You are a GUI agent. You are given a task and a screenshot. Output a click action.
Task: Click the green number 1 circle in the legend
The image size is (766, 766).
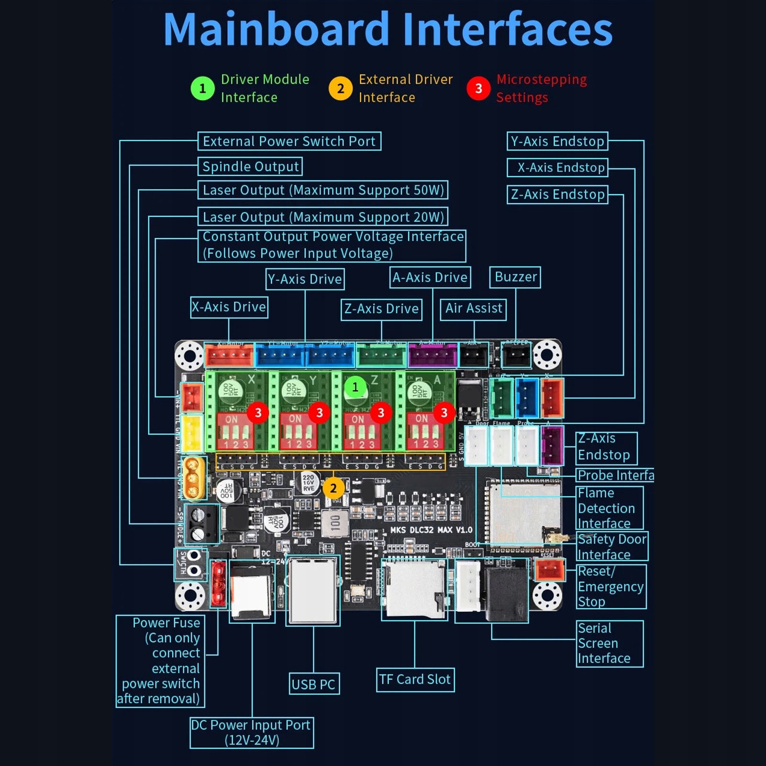(202, 89)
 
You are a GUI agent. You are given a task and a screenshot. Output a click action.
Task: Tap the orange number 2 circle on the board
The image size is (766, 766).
(333, 488)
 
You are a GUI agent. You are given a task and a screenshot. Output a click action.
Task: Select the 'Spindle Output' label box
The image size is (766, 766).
(250, 167)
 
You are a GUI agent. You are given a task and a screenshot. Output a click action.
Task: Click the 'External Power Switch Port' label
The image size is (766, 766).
(289, 141)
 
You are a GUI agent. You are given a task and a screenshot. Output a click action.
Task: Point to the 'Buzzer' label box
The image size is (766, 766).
(515, 277)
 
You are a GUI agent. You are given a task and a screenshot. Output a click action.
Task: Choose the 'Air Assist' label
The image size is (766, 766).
(474, 308)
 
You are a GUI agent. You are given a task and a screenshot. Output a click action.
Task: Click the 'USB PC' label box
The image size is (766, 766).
(313, 684)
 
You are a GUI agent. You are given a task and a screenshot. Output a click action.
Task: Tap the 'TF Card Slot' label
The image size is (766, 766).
(415, 679)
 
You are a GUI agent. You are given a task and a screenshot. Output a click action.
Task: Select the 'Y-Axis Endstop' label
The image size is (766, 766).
(557, 141)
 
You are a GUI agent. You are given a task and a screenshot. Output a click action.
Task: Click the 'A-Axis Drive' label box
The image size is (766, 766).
(430, 278)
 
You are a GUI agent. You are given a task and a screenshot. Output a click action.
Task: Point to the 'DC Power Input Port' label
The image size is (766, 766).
(252, 733)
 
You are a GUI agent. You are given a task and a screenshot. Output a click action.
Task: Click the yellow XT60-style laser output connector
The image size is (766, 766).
(193, 477)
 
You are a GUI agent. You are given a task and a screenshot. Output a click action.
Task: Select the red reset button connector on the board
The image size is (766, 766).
(550, 570)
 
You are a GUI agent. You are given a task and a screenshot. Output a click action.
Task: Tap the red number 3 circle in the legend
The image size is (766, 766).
(478, 89)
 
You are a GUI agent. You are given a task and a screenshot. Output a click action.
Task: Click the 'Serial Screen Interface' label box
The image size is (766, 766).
(610, 644)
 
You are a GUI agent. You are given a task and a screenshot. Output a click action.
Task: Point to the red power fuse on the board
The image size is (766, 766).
(219, 583)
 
